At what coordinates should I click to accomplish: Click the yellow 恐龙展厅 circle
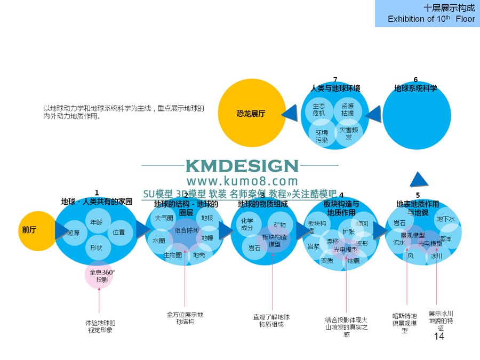(x=252, y=114)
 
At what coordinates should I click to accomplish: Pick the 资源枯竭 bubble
(x=348, y=109)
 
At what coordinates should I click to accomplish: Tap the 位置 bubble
(x=119, y=233)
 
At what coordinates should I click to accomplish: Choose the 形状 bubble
(x=97, y=247)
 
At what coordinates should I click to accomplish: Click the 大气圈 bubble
(x=164, y=218)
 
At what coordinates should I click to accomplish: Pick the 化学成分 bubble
(x=247, y=224)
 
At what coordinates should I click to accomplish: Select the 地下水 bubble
(x=446, y=219)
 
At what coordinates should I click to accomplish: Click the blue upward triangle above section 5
(x=421, y=179)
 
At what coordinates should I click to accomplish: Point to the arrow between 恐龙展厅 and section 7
(x=289, y=113)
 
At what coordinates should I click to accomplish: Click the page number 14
(x=439, y=337)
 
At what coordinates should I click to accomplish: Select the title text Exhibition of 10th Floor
(x=431, y=19)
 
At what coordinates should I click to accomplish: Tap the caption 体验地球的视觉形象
(x=100, y=326)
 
